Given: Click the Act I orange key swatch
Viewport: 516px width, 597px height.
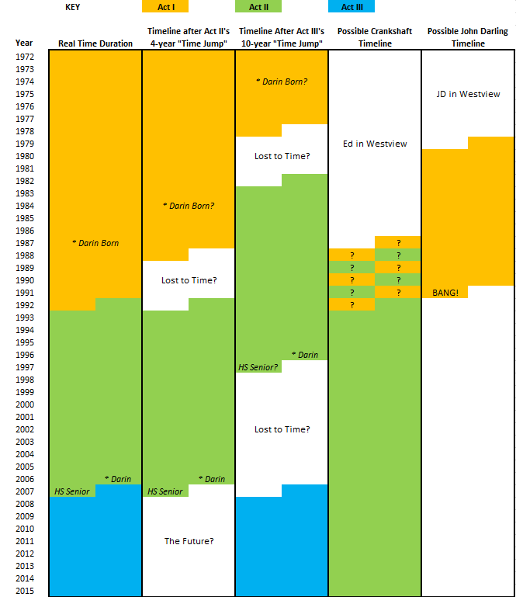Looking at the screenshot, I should tap(165, 7).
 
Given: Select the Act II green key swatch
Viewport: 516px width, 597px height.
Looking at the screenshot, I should tap(258, 7).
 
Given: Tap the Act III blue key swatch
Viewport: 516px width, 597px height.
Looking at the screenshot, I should tap(352, 7).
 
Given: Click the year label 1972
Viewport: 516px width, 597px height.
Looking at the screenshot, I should tap(25, 57).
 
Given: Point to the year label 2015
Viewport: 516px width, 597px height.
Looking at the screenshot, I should tap(25, 591).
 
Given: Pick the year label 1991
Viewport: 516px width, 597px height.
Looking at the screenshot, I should tap(25, 293).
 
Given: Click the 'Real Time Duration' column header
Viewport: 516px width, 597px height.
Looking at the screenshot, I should tap(95, 43).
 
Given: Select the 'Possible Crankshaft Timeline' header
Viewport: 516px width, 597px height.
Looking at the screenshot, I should tap(375, 38).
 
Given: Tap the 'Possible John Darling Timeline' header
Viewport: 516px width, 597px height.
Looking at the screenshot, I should tap(468, 38).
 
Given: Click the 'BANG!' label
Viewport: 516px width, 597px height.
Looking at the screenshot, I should tap(445, 293).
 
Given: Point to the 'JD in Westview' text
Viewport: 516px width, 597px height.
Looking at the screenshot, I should tap(468, 94).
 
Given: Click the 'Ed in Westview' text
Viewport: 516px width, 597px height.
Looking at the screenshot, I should tap(375, 144).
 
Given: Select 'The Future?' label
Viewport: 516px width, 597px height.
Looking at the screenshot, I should tap(189, 541).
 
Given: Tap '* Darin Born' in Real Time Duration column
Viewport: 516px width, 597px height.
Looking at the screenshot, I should tap(95, 243).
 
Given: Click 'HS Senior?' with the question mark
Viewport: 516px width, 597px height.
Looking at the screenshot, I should tap(258, 367).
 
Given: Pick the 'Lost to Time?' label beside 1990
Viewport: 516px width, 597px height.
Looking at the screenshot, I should tap(189, 280).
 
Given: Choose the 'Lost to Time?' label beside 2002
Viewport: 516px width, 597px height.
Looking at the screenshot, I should tap(282, 429).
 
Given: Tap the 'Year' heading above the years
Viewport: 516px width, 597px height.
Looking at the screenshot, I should tap(25, 43).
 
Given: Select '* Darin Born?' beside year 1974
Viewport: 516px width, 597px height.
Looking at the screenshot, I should tap(282, 82).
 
